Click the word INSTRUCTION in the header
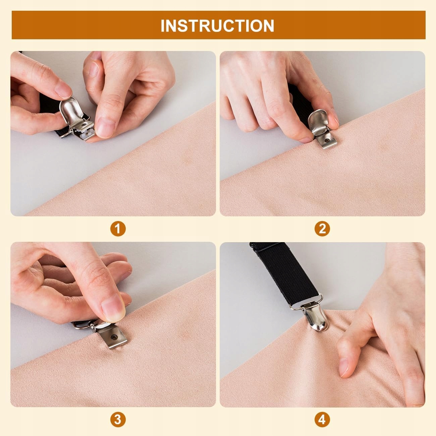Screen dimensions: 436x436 [217, 25]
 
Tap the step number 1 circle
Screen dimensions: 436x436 [118, 229]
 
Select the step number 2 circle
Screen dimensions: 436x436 [322, 229]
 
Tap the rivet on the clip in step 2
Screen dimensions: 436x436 [326, 141]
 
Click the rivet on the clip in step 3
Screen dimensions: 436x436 [113, 337]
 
